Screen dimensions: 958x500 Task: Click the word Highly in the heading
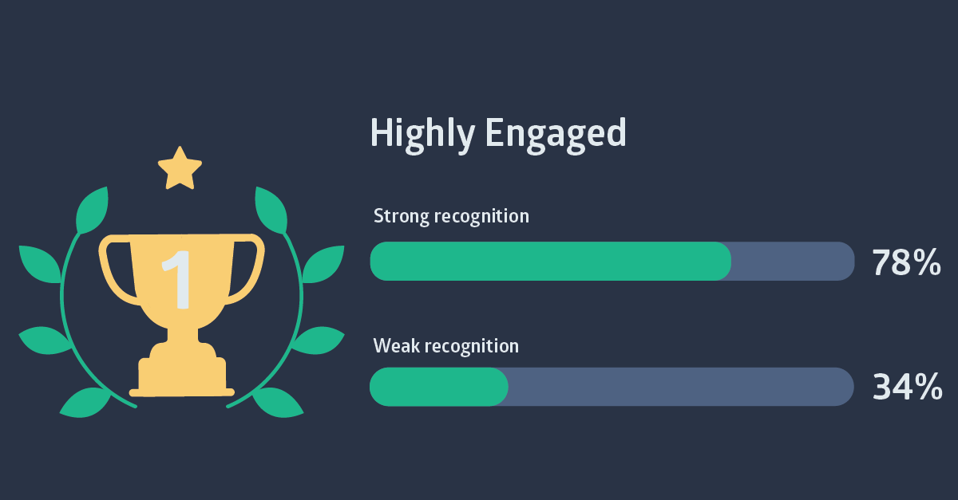(x=422, y=135)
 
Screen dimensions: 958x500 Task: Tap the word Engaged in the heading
(x=556, y=135)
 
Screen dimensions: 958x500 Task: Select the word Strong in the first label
(x=401, y=217)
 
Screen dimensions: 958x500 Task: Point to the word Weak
(x=397, y=346)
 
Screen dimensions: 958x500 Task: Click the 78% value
(x=906, y=262)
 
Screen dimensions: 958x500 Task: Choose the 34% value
(x=907, y=387)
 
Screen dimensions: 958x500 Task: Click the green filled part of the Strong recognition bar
(x=551, y=261)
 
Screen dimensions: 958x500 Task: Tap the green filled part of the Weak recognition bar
(x=439, y=387)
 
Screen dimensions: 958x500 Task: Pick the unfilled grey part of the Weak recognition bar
(x=681, y=387)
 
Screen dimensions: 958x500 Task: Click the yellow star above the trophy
(x=180, y=168)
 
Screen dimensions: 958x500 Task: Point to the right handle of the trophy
(x=247, y=269)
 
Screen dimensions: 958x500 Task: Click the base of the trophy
(x=182, y=376)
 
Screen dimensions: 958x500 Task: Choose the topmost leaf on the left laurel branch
(x=93, y=211)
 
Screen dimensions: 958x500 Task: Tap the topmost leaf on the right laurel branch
(x=271, y=211)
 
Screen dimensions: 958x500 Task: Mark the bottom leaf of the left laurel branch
(x=85, y=403)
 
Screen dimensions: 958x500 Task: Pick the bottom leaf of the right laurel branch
(x=278, y=403)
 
